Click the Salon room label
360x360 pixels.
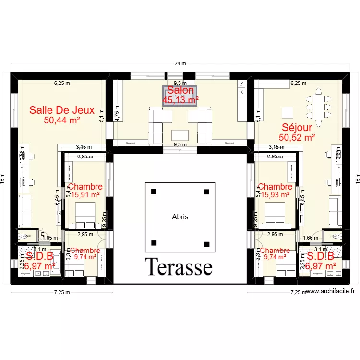click(180, 90)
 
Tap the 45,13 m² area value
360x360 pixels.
click(180, 100)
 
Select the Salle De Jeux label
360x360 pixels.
click(62, 110)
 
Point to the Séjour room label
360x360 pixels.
click(297, 128)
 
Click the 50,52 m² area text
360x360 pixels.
click(297, 137)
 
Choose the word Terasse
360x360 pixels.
click(179, 267)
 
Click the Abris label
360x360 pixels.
click(180, 217)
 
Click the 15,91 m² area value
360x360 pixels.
click(85, 195)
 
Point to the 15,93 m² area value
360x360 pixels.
click(275, 195)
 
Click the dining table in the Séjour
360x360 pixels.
click(318, 103)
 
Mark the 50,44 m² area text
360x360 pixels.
click(62, 120)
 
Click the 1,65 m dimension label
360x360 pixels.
click(49, 237)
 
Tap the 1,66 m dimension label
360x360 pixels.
click(311, 237)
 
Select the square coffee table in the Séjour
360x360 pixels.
click(287, 112)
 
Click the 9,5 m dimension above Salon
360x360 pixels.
click(180, 83)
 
